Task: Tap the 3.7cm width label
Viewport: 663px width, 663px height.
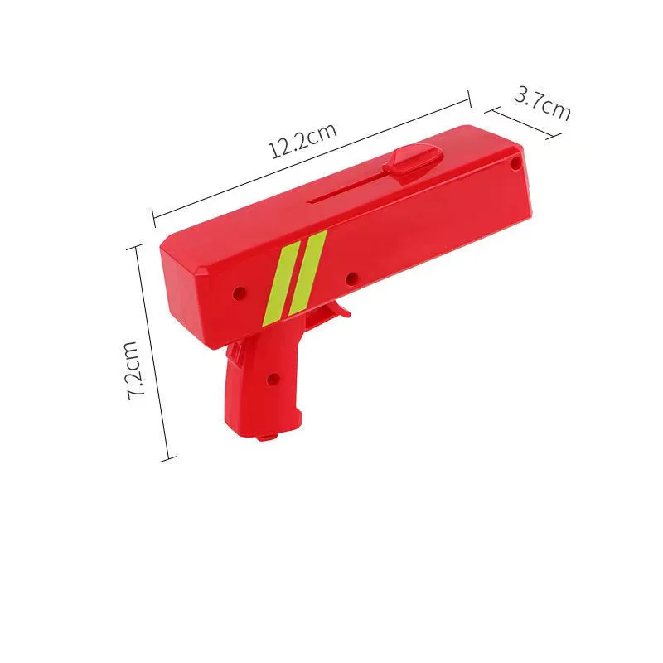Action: (543, 101)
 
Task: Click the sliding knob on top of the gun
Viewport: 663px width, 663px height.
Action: (414, 158)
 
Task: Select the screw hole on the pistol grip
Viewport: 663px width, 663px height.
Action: (272, 379)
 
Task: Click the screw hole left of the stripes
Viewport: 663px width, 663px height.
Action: (240, 293)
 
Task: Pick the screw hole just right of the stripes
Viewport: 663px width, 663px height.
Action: (351, 278)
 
